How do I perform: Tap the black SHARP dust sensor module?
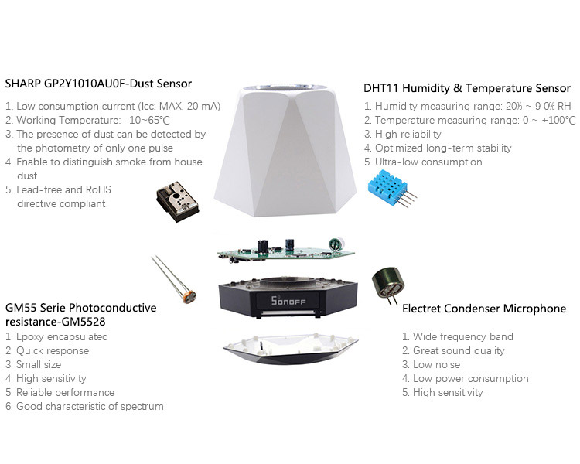(x=178, y=202)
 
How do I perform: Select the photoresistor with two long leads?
(x=175, y=279)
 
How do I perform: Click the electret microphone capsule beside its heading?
(x=388, y=284)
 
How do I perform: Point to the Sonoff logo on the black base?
(x=288, y=301)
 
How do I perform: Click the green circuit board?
(x=285, y=251)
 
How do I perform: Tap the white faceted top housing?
(x=285, y=151)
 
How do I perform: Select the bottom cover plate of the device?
(x=290, y=348)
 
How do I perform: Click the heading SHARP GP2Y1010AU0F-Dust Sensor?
(x=98, y=84)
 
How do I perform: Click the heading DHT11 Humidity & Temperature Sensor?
(x=467, y=88)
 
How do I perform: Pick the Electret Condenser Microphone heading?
(x=484, y=309)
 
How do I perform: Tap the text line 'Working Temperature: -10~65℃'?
(x=87, y=121)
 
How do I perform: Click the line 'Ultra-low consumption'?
(x=423, y=162)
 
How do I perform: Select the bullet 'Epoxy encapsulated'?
(x=56, y=336)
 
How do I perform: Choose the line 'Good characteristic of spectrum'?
(x=84, y=406)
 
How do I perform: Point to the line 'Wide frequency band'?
(x=458, y=336)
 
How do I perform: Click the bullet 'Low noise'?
(x=432, y=364)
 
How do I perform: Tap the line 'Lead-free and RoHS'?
(x=58, y=189)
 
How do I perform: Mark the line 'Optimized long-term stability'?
(x=438, y=148)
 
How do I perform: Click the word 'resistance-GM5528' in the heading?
(x=56, y=322)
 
